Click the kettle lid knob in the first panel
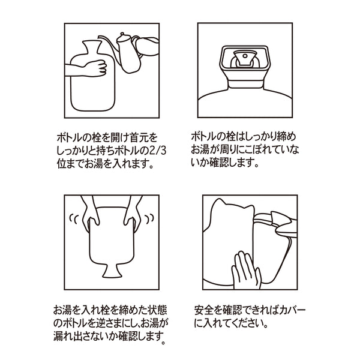(x=122, y=34)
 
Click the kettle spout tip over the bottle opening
(x=100, y=37)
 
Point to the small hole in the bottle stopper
(x=245, y=56)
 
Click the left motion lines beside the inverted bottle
(x=74, y=219)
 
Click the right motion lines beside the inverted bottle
(x=149, y=218)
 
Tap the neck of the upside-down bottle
(x=112, y=271)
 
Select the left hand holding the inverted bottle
(x=90, y=214)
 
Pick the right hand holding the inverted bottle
(x=133, y=214)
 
